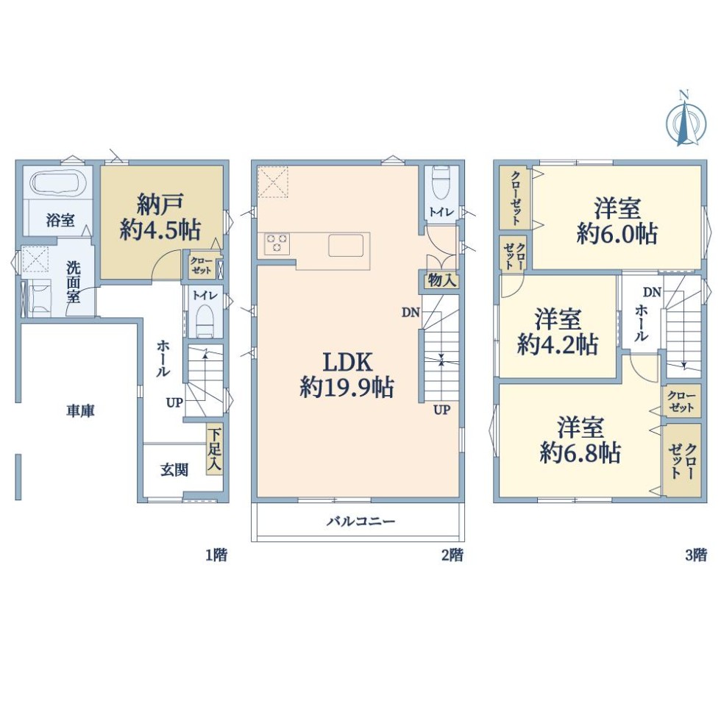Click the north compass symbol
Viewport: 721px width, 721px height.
pyautogui.click(x=685, y=121)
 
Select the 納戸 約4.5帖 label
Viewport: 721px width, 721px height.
pyautogui.click(x=160, y=216)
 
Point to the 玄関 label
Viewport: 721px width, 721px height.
pyautogui.click(x=174, y=469)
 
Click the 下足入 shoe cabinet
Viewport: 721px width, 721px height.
pyautogui.click(x=215, y=450)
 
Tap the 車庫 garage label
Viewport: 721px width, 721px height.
pyautogui.click(x=80, y=411)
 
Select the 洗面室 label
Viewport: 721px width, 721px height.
pyautogui.click(x=74, y=282)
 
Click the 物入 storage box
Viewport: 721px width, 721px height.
pyautogui.click(x=441, y=280)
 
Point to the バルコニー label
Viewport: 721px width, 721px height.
pyautogui.click(x=361, y=521)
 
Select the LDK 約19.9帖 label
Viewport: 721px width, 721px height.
pyautogui.click(x=347, y=374)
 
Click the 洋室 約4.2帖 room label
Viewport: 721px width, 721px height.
pyautogui.click(x=558, y=332)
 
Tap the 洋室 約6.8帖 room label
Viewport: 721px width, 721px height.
pyautogui.click(x=580, y=440)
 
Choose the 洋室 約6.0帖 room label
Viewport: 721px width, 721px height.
pyautogui.click(x=617, y=221)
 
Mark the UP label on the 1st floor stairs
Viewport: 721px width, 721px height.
pyautogui.click(x=175, y=403)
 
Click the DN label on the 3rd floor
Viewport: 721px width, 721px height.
pyautogui.click(x=652, y=292)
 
